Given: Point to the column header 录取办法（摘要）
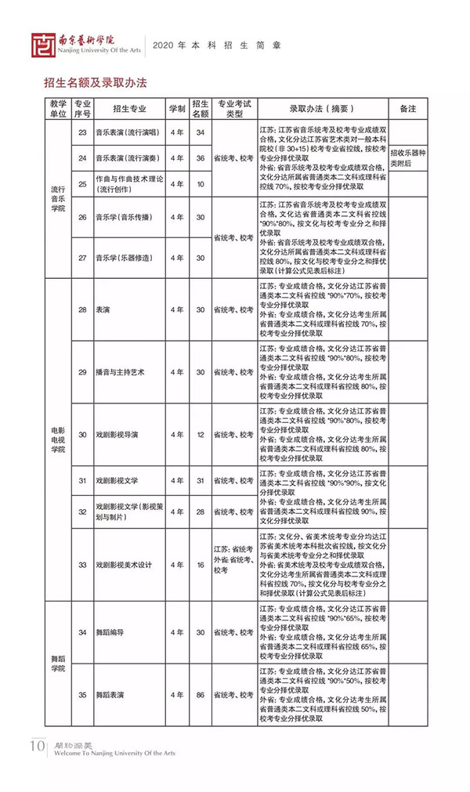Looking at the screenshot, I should tap(322, 108).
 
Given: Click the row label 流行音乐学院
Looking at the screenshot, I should tap(58, 199).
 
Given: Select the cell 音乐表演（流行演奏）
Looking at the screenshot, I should tap(126, 158).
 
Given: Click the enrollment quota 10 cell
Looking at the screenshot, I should tap(200, 184).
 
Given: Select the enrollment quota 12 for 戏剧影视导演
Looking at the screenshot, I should tap(200, 434).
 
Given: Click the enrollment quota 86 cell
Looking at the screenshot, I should tap(200, 694).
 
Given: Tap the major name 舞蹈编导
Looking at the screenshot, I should tap(110, 632).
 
